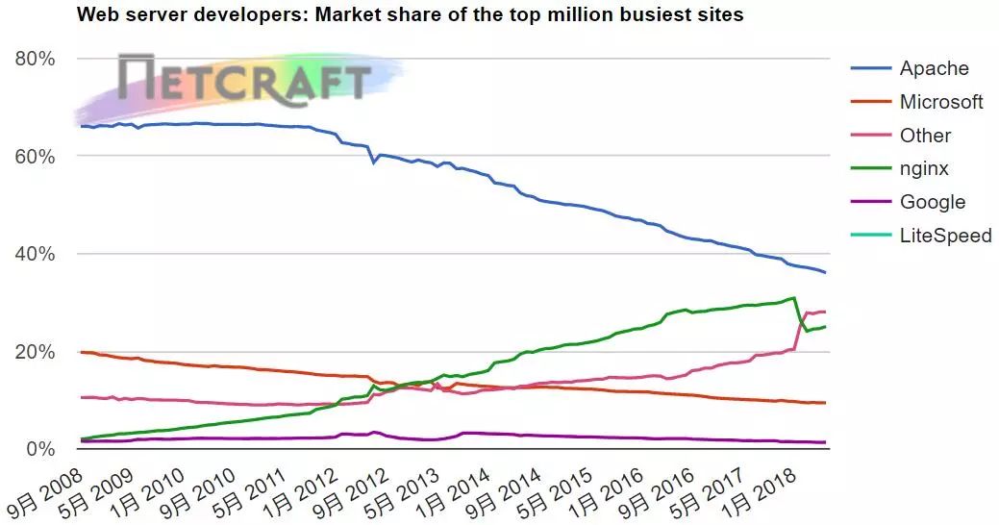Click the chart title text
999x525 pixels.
pyautogui.click(x=411, y=14)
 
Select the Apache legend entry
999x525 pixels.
pyautogui.click(x=910, y=68)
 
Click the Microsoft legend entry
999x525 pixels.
pyautogui.click(x=917, y=102)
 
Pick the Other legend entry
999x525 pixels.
pyautogui.click(x=901, y=135)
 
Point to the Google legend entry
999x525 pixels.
pyautogui.click(x=908, y=202)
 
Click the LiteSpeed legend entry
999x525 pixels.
pyautogui.click(x=921, y=236)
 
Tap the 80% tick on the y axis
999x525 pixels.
pyautogui.click(x=35, y=59)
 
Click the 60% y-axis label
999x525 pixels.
pyautogui.click(x=35, y=157)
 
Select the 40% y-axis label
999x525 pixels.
pyautogui.click(x=35, y=254)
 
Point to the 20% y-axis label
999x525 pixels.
pyautogui.click(x=35, y=352)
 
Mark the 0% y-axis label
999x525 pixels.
pyautogui.click(x=40, y=450)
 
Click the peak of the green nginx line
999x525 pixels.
pyautogui.click(x=793, y=297)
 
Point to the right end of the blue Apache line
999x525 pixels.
pyautogui.click(x=826, y=273)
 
